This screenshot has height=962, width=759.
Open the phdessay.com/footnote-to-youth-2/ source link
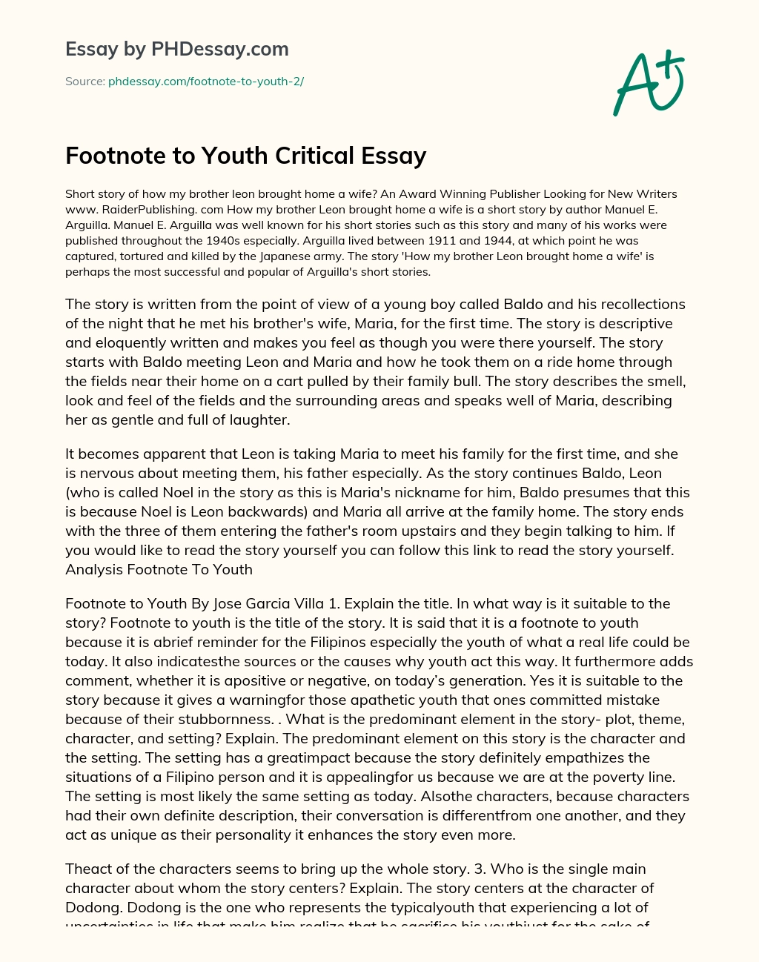pos(206,82)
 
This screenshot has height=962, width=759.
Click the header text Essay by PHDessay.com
pos(177,50)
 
